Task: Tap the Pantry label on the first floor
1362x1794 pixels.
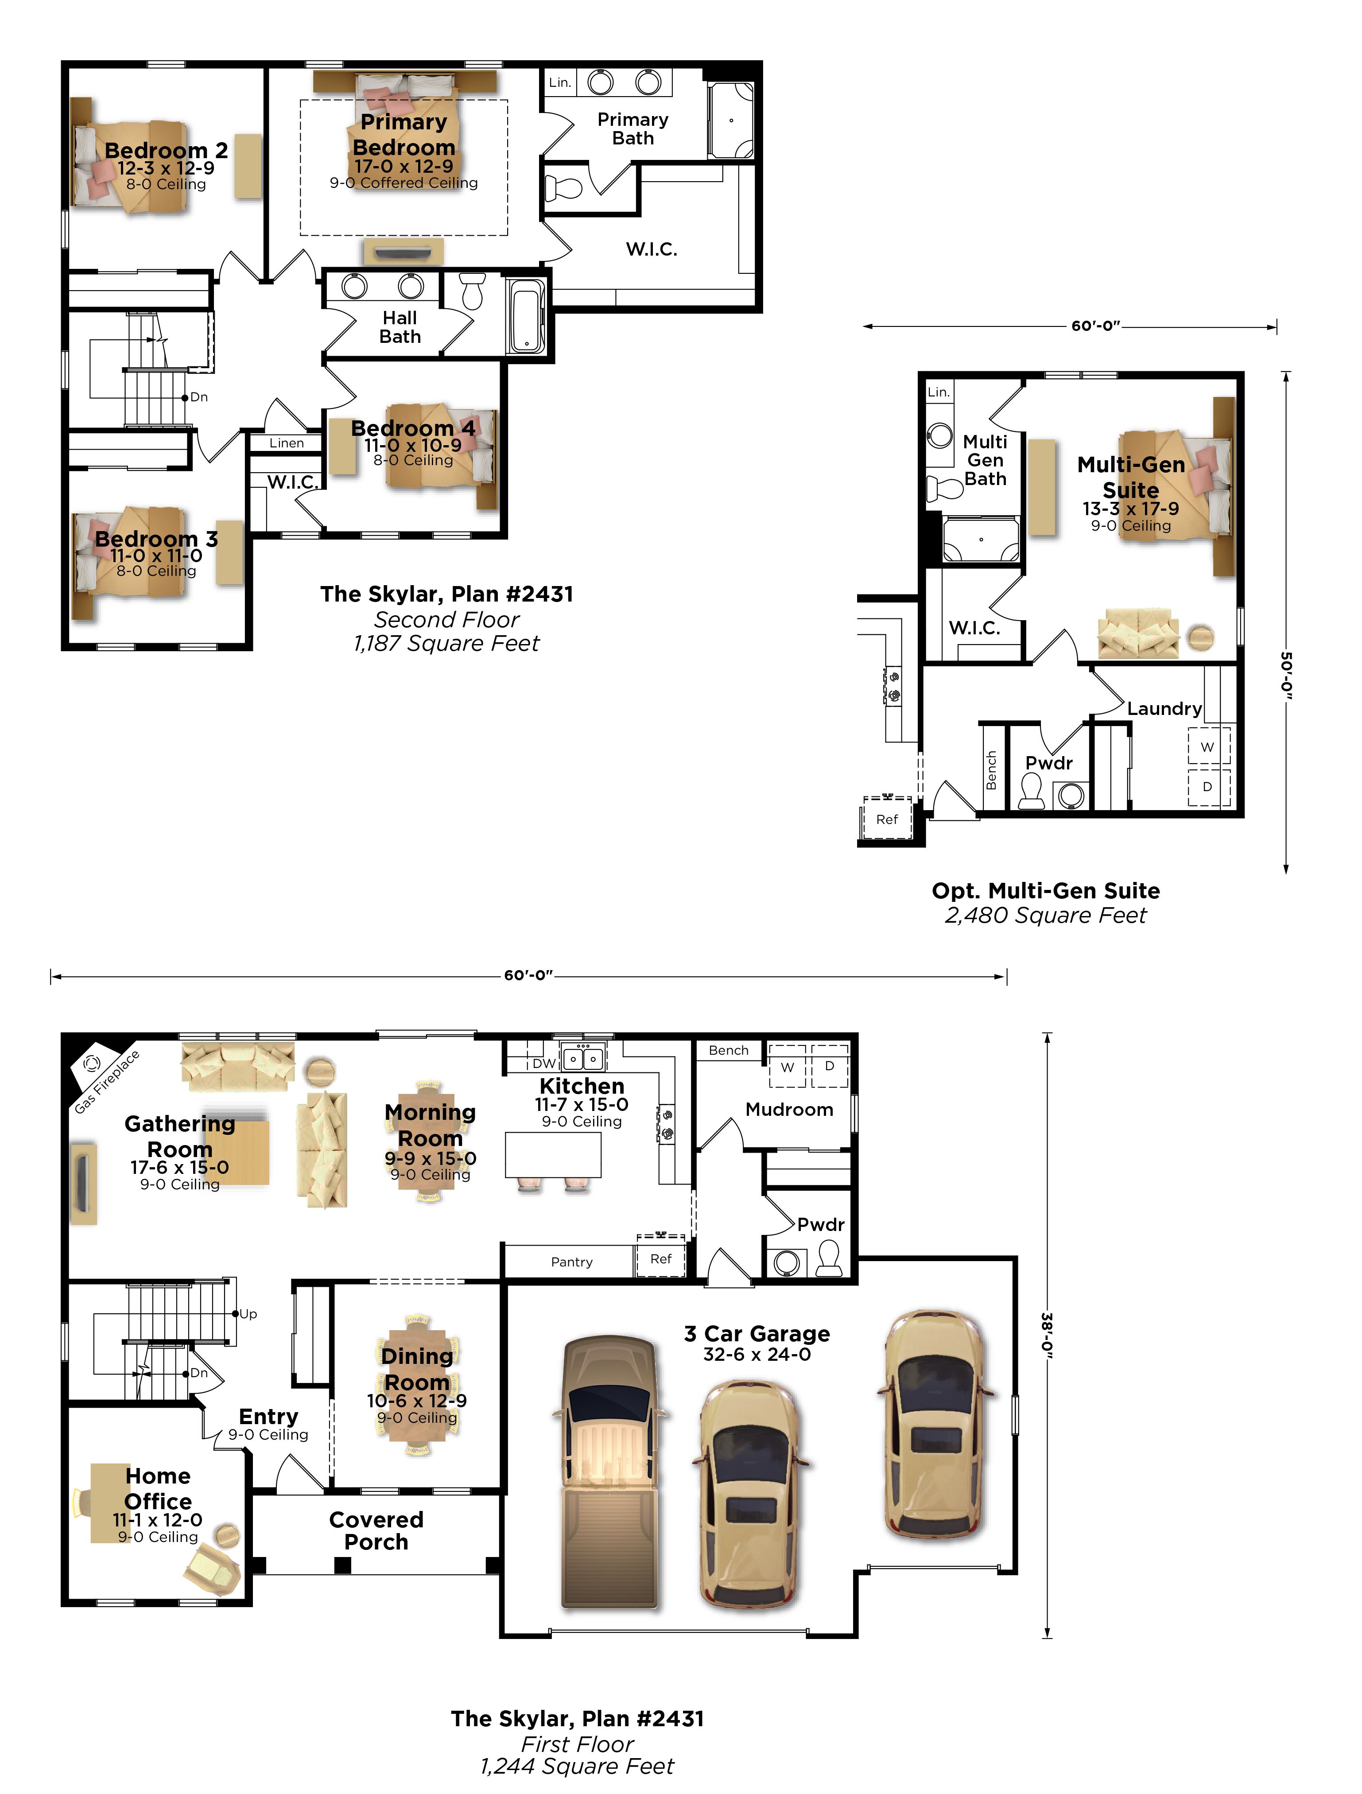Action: (x=572, y=1262)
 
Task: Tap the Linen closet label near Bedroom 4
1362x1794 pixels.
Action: (x=287, y=443)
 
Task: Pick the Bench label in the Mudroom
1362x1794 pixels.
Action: (x=729, y=1050)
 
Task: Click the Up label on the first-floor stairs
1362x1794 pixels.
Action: (x=248, y=1314)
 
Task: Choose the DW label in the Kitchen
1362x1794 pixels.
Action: (x=543, y=1063)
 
